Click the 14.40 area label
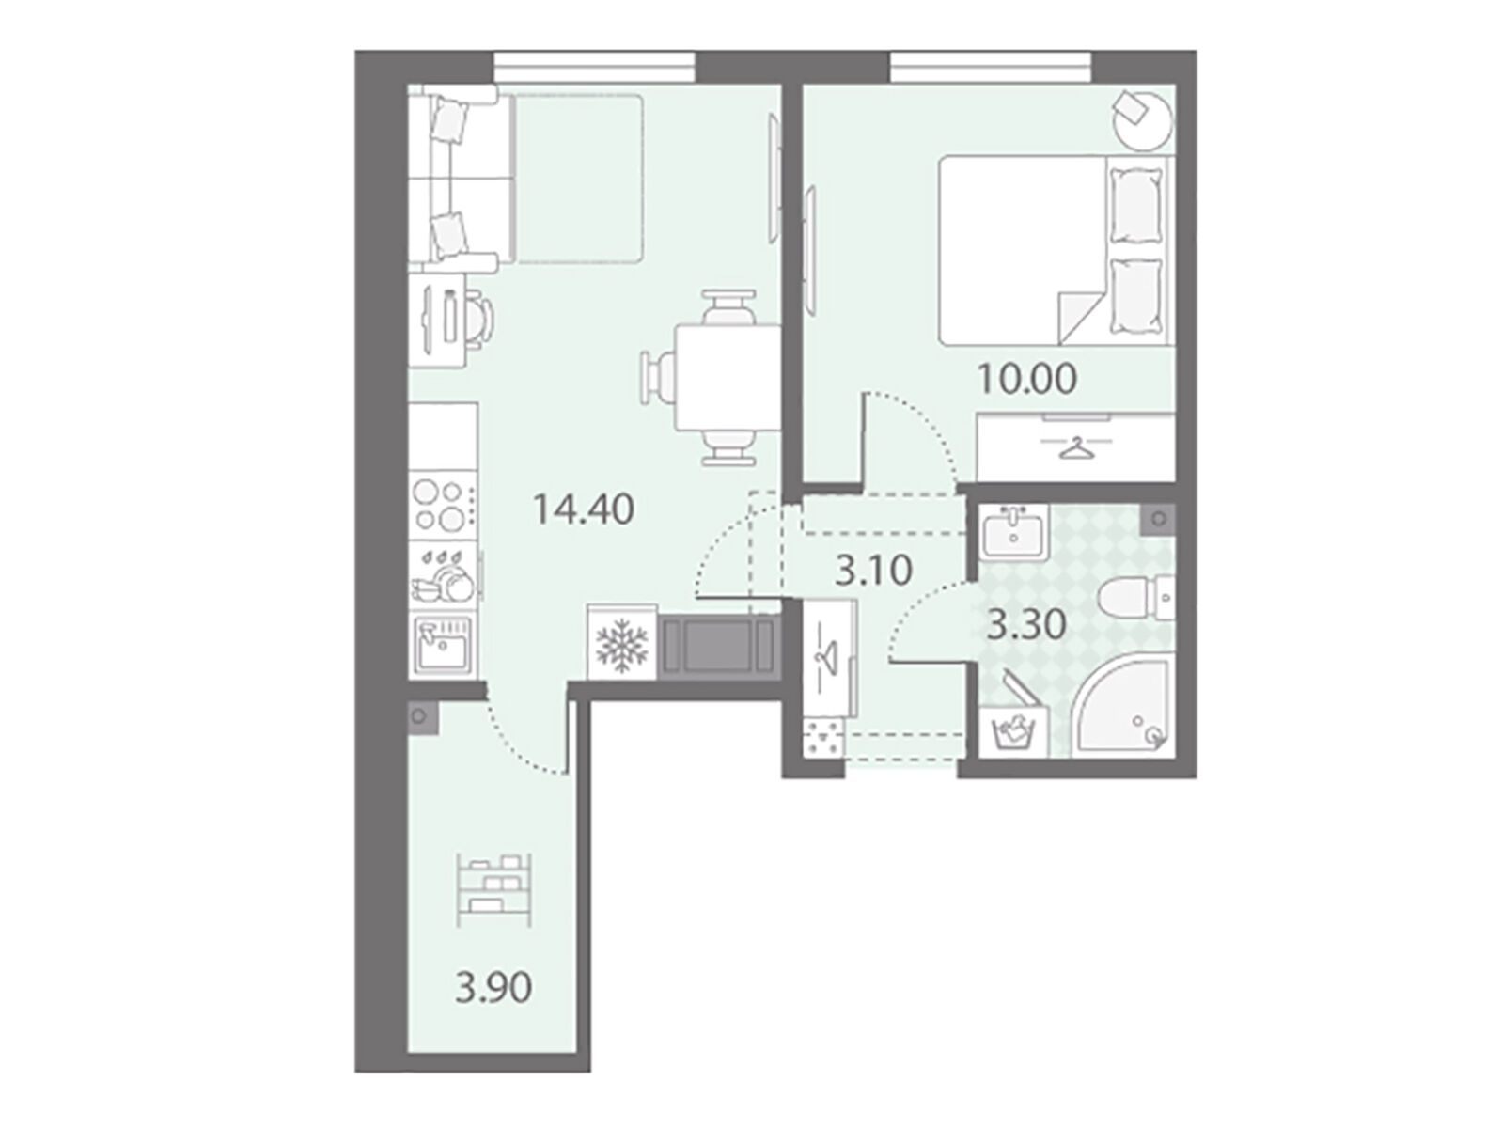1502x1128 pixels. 583,510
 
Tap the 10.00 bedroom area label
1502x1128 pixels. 1026,379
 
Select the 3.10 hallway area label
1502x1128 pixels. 874,572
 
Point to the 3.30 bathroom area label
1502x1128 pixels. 1026,625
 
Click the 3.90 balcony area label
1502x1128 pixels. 493,989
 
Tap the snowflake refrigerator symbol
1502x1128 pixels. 622,645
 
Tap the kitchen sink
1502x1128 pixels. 443,645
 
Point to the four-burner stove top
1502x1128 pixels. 443,506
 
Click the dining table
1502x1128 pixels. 728,377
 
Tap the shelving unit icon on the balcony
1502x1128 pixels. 494,889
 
